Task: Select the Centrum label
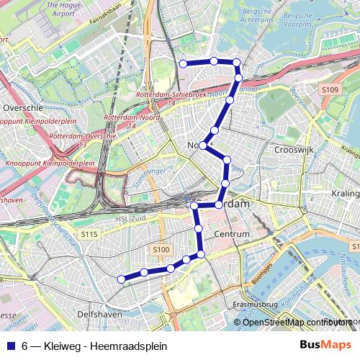pos(231,235)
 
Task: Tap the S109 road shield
pos(330,89)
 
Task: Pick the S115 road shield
pos(89,234)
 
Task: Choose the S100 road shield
pos(161,250)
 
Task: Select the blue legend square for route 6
pos(11,345)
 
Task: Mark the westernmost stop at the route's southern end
pos(122,279)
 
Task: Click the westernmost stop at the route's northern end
pos(183,63)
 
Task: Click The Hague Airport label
pos(63,8)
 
